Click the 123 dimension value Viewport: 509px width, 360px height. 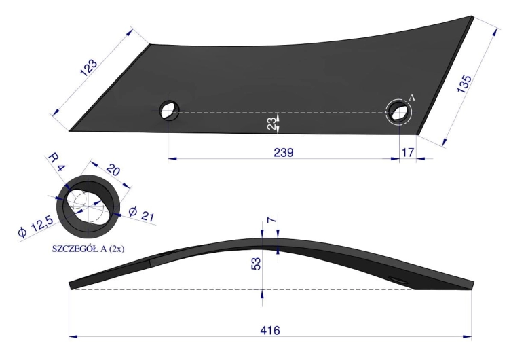pyautogui.click(x=88, y=67)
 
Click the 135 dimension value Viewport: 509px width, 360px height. pyautogui.click(x=464, y=84)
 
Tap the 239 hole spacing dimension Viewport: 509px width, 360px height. pyautogui.click(x=284, y=152)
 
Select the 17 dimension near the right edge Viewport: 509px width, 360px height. pyautogui.click(x=408, y=152)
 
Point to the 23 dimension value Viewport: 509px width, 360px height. pyautogui.click(x=271, y=124)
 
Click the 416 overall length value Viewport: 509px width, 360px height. pyautogui.click(x=269, y=330)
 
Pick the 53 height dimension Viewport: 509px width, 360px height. pyautogui.click(x=256, y=264)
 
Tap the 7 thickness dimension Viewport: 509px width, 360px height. pyautogui.click(x=271, y=220)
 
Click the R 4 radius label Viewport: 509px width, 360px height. pyautogui.click(x=57, y=162)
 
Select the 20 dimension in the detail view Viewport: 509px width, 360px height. pyautogui.click(x=113, y=170)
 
